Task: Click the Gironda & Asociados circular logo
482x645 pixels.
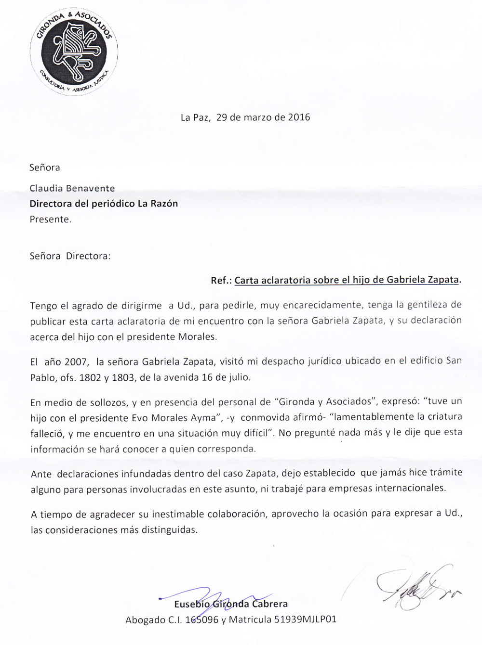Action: (x=74, y=52)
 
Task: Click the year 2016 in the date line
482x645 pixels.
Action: (x=299, y=117)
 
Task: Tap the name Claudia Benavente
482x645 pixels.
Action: (x=72, y=188)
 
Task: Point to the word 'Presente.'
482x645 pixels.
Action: (x=51, y=219)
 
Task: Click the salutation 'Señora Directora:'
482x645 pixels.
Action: (x=70, y=256)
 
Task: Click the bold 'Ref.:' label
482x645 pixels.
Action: (x=221, y=281)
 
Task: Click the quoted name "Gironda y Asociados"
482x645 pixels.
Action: (x=324, y=401)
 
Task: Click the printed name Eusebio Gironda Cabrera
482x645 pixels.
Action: (x=231, y=604)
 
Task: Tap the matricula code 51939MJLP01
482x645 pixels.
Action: (x=305, y=619)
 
